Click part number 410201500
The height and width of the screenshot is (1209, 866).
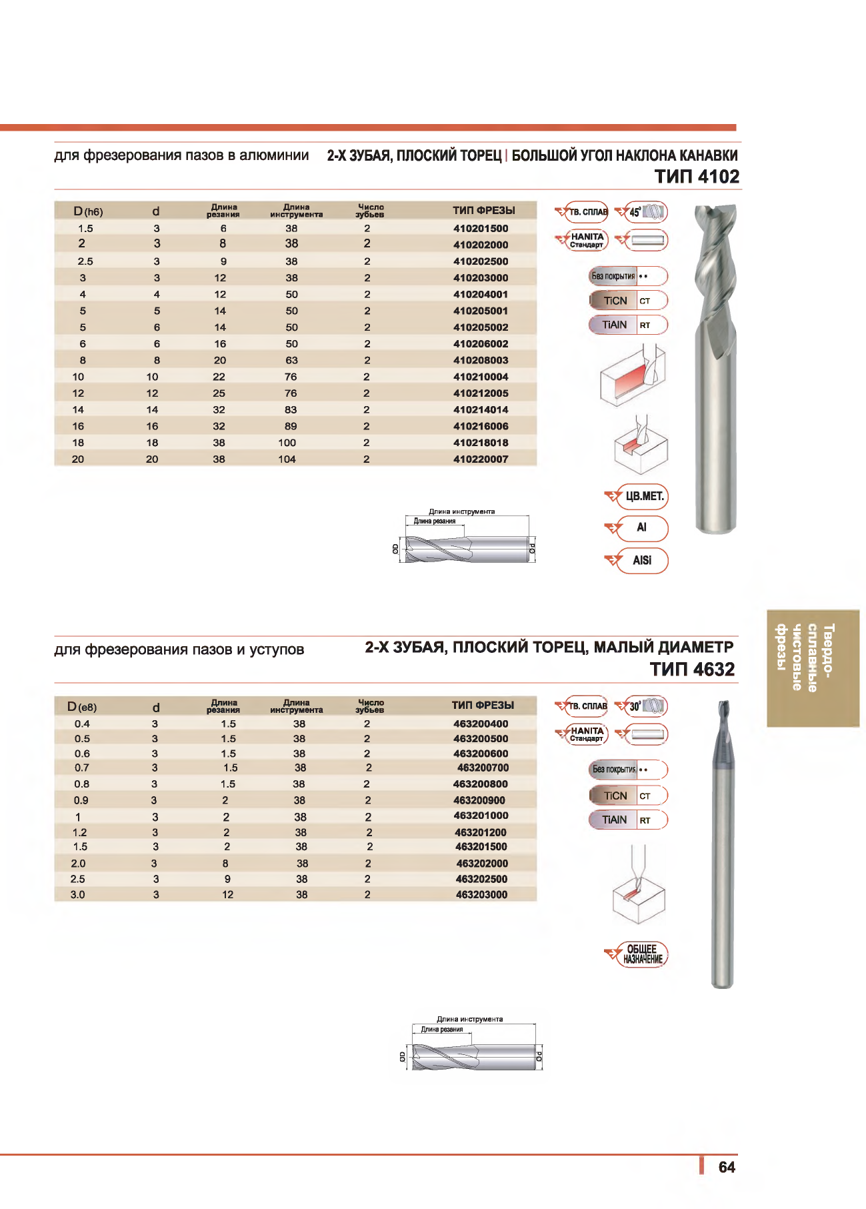click(x=480, y=229)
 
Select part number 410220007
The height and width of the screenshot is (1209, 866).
click(x=480, y=459)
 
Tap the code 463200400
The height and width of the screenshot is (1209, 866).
click(x=480, y=724)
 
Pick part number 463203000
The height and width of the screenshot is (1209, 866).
click(x=481, y=895)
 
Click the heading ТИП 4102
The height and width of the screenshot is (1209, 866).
click(x=697, y=177)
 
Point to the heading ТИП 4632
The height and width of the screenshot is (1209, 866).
click(x=692, y=670)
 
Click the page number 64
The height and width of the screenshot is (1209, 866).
click(x=726, y=1167)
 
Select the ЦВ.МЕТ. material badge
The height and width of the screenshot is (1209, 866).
click(x=642, y=496)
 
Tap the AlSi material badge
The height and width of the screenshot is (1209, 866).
click(x=642, y=560)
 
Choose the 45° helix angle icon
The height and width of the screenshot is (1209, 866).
click(x=641, y=212)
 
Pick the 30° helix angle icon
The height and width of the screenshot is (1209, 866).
click(x=641, y=706)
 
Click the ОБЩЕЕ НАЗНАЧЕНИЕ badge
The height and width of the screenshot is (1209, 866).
click(x=642, y=954)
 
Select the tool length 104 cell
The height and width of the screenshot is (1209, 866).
click(x=287, y=459)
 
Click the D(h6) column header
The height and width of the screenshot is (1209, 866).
click(x=88, y=211)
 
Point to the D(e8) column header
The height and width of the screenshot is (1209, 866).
click(x=82, y=707)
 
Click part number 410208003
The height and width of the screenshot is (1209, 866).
click(x=480, y=361)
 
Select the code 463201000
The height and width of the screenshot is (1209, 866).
click(x=481, y=816)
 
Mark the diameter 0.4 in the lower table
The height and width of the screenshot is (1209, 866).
click(x=82, y=724)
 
